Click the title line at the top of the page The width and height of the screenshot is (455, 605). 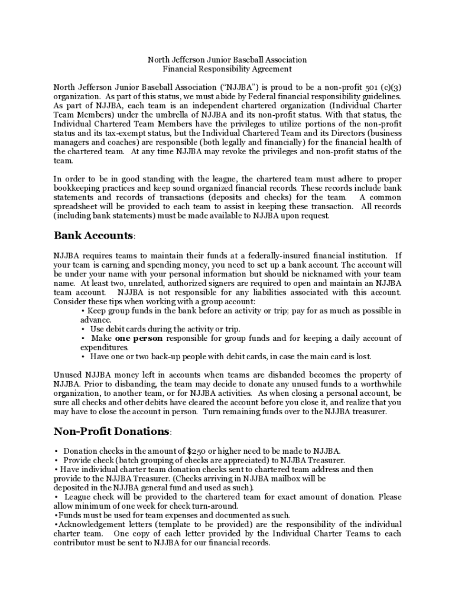tap(227, 60)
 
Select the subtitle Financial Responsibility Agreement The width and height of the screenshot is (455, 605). tap(227, 69)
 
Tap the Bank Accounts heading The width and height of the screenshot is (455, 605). tap(93, 235)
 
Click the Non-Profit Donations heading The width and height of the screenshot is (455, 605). tap(112, 431)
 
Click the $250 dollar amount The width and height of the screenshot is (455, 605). tap(190, 451)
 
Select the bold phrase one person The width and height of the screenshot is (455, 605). tap(139, 339)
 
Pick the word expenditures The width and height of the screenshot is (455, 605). tap(105, 348)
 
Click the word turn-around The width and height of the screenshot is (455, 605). tap(216, 506)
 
